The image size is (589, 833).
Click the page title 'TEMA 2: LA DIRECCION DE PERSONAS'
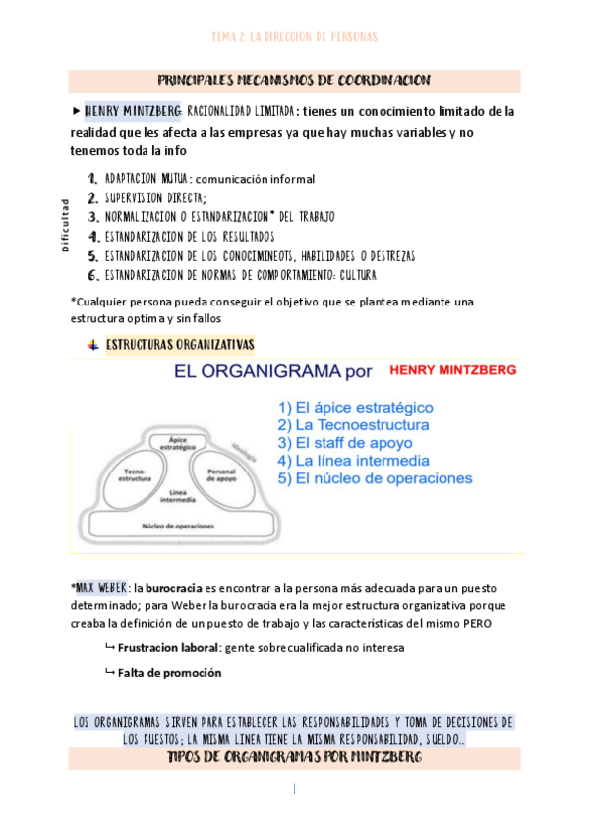point(294,37)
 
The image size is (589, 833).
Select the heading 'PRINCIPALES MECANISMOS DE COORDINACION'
point(294,80)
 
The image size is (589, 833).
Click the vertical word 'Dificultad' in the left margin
point(65,226)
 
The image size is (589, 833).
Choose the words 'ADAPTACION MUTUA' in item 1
point(146,179)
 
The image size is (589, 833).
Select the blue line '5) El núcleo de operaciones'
point(375,478)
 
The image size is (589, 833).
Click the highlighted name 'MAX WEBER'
point(98,587)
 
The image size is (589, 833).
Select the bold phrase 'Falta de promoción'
point(169,673)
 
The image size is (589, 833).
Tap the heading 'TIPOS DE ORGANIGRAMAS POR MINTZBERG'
point(294,759)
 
